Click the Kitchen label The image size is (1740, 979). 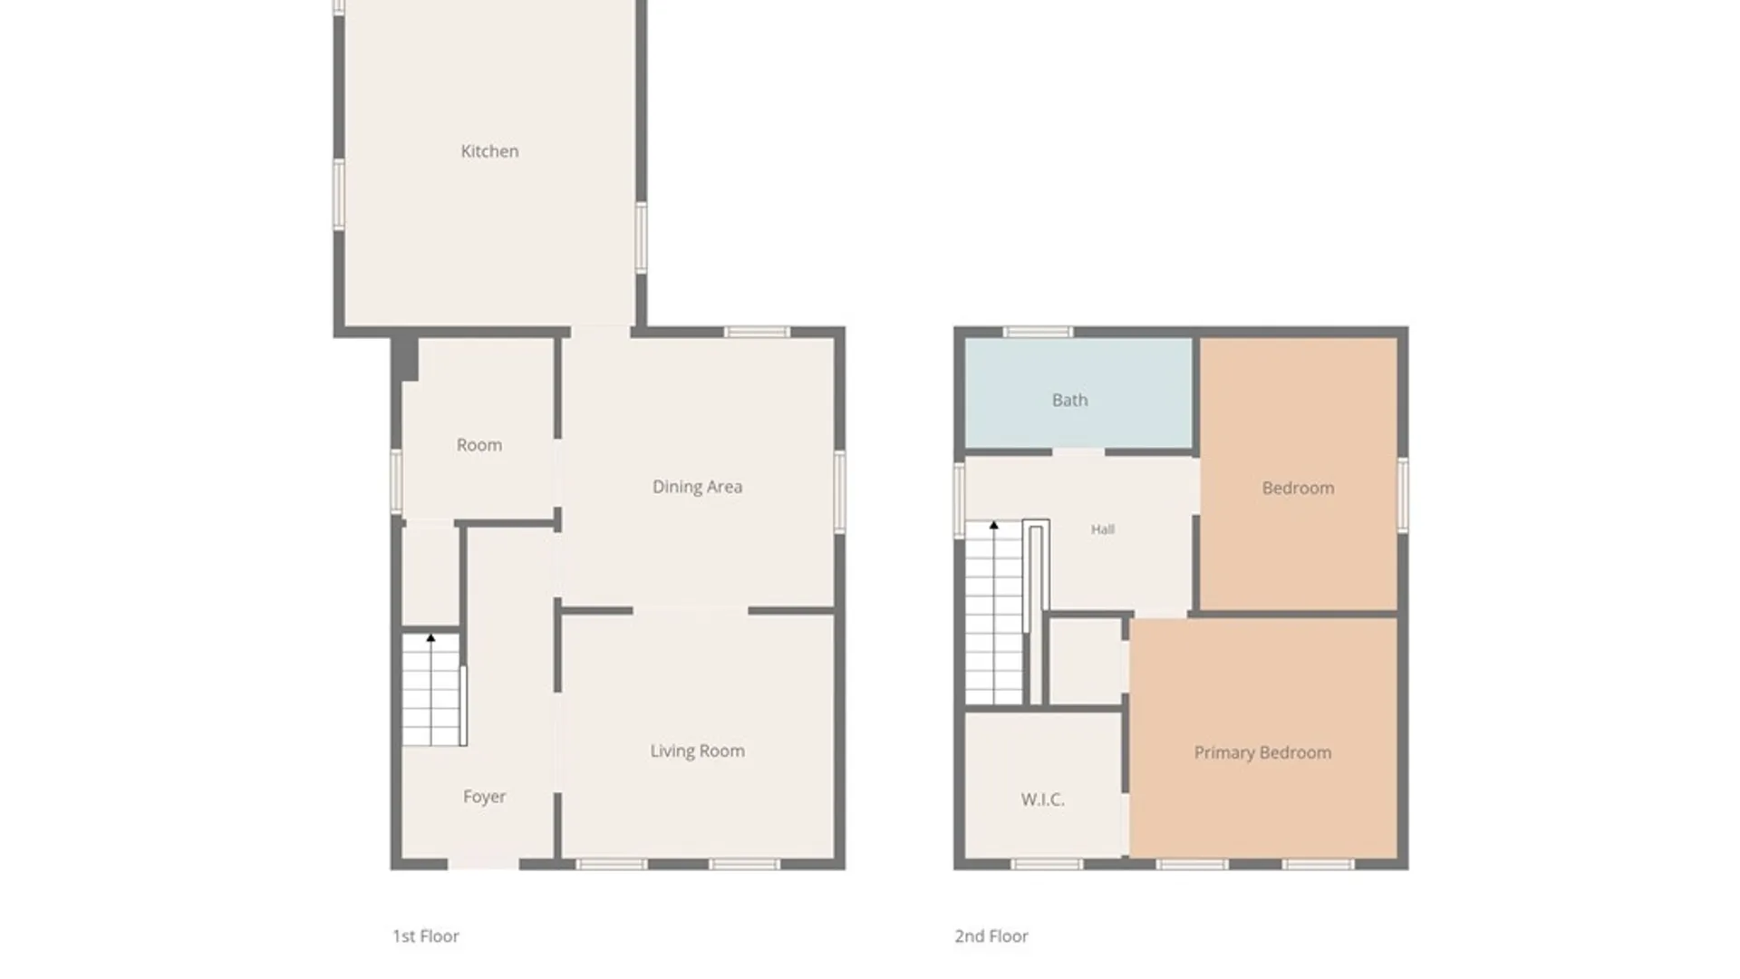[x=489, y=151]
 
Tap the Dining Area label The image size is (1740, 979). [x=697, y=487]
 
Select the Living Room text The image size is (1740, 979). [x=697, y=751]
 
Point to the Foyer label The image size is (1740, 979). [x=484, y=797]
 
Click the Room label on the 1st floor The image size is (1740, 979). [x=478, y=445]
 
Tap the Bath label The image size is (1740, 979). [x=1069, y=400]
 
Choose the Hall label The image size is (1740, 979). [x=1102, y=529]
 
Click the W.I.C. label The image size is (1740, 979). [x=1042, y=800]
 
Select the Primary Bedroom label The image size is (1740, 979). [x=1262, y=752]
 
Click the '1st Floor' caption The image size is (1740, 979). [x=425, y=936]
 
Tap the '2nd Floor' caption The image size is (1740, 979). [x=991, y=936]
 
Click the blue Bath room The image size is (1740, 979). [x=1078, y=393]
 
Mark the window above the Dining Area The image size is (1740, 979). [x=757, y=332]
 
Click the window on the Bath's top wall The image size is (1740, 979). [x=1038, y=332]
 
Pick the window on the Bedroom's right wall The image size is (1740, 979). [x=1403, y=494]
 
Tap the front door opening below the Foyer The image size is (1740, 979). [x=484, y=864]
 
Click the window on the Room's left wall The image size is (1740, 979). [x=396, y=481]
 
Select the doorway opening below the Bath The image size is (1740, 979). [x=1078, y=451]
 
